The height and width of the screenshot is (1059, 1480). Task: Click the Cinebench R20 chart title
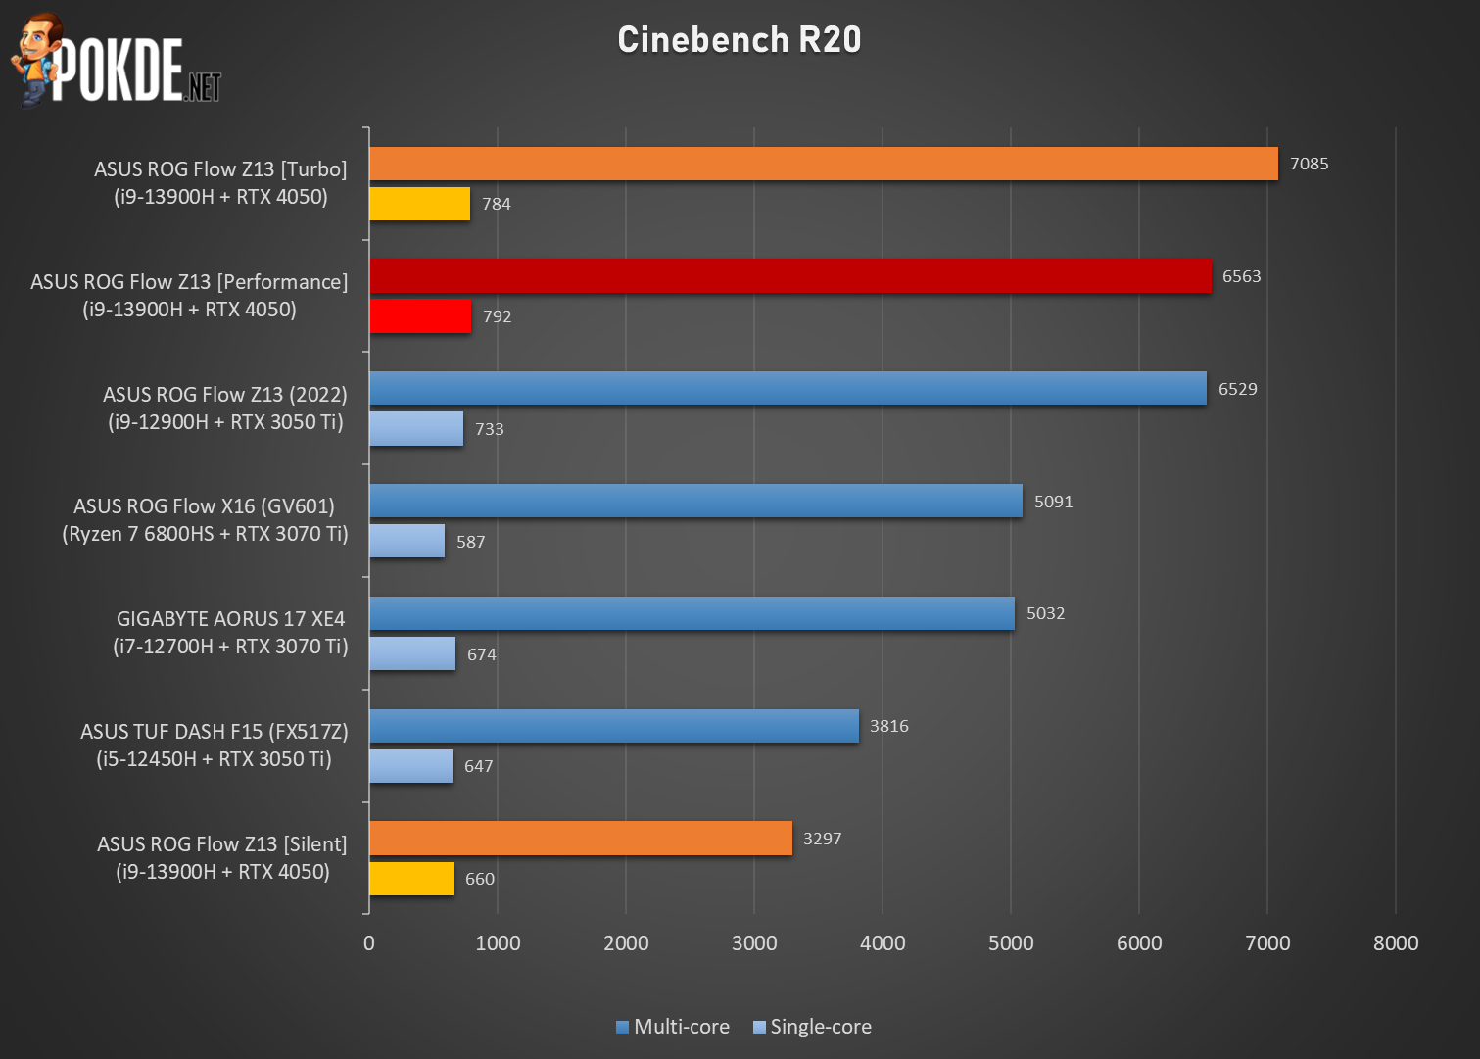click(x=740, y=40)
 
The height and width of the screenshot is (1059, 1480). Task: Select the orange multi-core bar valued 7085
click(x=823, y=164)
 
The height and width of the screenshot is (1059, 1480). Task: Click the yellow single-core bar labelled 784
click(x=419, y=204)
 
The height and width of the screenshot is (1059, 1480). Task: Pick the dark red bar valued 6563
click(x=789, y=276)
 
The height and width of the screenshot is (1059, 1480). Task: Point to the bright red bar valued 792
click(x=420, y=316)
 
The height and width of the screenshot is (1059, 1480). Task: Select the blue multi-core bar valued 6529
click(x=788, y=389)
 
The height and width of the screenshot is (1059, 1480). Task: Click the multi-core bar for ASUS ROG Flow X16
click(x=695, y=501)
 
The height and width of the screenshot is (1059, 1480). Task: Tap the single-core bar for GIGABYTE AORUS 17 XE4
click(x=412, y=653)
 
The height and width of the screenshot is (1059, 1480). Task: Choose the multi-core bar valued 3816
click(x=614, y=726)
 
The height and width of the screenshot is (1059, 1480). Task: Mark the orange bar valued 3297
click(x=581, y=839)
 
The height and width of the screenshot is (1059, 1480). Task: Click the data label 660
click(x=480, y=879)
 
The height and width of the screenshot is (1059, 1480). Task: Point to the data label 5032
click(x=1045, y=613)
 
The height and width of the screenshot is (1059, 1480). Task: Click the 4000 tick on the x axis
click(x=883, y=943)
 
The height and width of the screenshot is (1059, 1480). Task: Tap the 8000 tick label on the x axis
click(x=1396, y=943)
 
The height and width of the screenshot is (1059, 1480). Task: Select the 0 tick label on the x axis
click(x=368, y=943)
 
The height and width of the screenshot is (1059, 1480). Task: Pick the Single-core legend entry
click(x=812, y=1027)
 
